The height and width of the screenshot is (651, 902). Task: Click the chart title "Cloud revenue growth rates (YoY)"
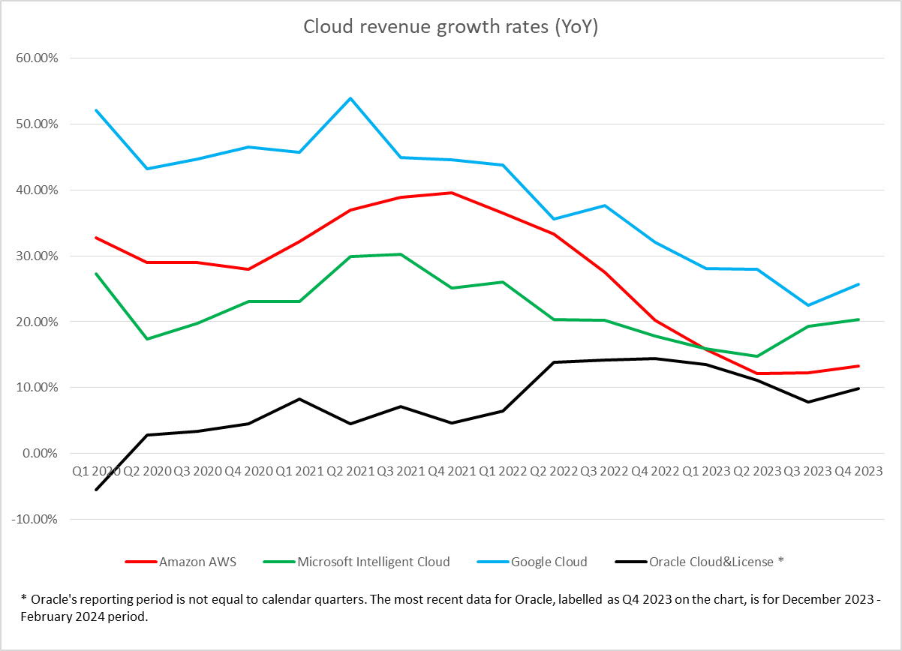pyautogui.click(x=450, y=27)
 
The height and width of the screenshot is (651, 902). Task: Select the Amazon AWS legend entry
pyautogui.click(x=197, y=561)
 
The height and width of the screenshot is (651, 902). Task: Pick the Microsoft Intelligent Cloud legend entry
pyautogui.click(x=373, y=561)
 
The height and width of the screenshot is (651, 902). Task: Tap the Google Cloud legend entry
pyautogui.click(x=549, y=561)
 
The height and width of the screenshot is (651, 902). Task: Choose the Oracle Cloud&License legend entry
pyautogui.click(x=716, y=561)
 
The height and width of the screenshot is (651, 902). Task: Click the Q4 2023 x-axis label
pyautogui.click(x=858, y=471)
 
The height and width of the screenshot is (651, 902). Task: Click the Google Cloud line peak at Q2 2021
pyautogui.click(x=350, y=98)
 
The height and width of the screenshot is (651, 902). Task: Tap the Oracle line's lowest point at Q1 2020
pyautogui.click(x=96, y=490)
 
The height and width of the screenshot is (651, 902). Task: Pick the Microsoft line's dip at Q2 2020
pyautogui.click(x=147, y=339)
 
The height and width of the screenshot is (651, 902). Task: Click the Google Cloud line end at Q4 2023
pyautogui.click(x=858, y=284)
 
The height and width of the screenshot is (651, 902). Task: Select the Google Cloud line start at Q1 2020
pyautogui.click(x=96, y=110)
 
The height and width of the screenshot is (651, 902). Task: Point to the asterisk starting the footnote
pyautogui.click(x=24, y=598)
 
